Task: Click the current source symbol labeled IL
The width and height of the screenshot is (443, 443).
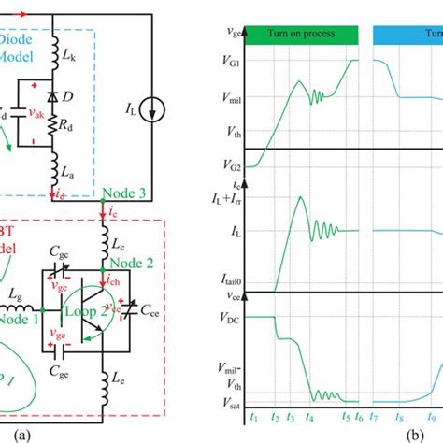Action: (161, 111)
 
